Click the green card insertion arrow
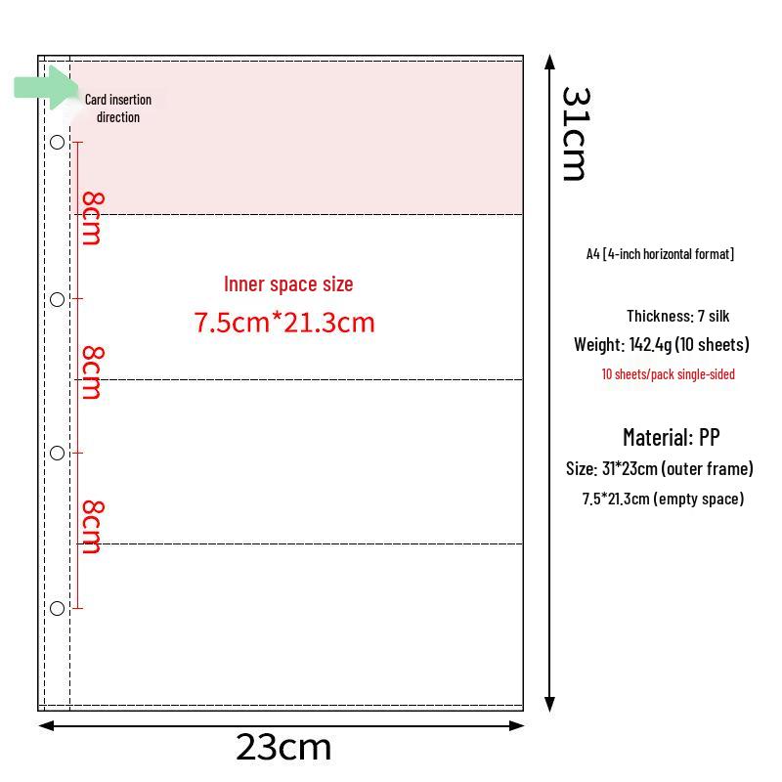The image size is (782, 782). pyautogui.click(x=46, y=87)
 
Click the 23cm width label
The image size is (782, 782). pyautogui.click(x=283, y=747)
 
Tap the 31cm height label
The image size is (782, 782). pyautogui.click(x=576, y=134)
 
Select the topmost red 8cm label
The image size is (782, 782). pyautogui.click(x=92, y=218)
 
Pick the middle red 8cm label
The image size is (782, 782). pyautogui.click(x=92, y=372)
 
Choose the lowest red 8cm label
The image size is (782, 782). pyautogui.click(x=92, y=527)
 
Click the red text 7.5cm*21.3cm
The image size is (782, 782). pyautogui.click(x=284, y=323)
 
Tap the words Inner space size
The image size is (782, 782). pyautogui.click(x=288, y=284)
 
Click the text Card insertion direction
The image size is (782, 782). pyautogui.click(x=118, y=109)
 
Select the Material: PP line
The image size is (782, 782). pyautogui.click(x=672, y=437)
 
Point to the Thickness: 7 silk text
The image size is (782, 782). pyautogui.click(x=677, y=316)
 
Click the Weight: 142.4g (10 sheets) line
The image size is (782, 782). pyautogui.click(x=662, y=345)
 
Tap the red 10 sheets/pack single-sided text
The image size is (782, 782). pyautogui.click(x=669, y=374)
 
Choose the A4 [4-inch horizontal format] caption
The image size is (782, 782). pyautogui.click(x=661, y=254)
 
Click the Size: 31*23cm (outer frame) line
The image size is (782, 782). pyautogui.click(x=659, y=469)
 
